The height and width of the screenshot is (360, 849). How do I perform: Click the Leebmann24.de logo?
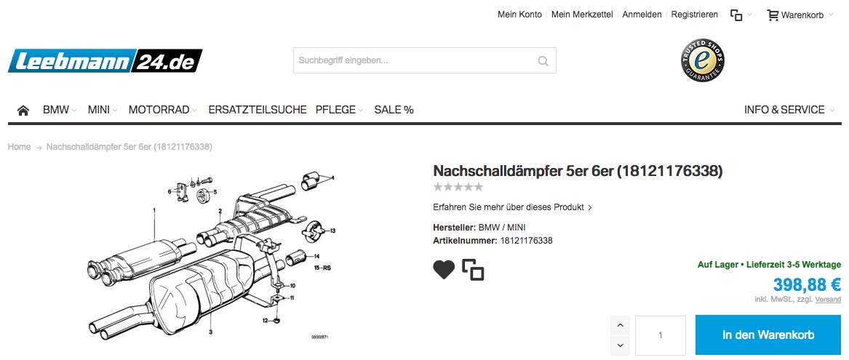pyautogui.click(x=105, y=61)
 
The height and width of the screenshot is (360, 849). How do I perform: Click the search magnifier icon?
pyautogui.click(x=543, y=60)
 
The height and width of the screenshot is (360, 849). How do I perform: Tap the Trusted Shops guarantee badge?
pyautogui.click(x=702, y=60)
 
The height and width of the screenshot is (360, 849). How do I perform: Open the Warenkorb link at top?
pyautogui.click(x=795, y=15)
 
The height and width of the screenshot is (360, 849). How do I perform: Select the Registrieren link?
pyautogui.click(x=695, y=15)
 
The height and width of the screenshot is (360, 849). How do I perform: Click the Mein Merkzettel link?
pyautogui.click(x=582, y=15)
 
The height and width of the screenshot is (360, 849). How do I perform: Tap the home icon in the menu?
pyautogui.click(x=23, y=111)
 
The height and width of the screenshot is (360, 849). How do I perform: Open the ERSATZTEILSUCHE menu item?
pyautogui.click(x=258, y=110)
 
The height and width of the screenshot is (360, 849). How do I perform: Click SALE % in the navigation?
pyautogui.click(x=394, y=110)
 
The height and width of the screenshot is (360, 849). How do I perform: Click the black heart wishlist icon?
pyautogui.click(x=444, y=270)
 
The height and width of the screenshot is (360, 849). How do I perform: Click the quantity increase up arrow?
pyautogui.click(x=620, y=325)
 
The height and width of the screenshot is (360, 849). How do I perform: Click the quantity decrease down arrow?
pyautogui.click(x=620, y=345)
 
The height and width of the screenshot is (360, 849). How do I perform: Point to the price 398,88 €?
pyautogui.click(x=807, y=284)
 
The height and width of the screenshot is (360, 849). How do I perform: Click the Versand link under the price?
pyautogui.click(x=828, y=300)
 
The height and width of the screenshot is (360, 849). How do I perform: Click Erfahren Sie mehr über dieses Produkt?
pyautogui.click(x=512, y=207)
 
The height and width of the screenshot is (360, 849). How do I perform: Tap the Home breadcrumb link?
pyautogui.click(x=19, y=147)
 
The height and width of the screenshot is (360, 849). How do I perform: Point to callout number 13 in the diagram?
pyautogui.click(x=332, y=231)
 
